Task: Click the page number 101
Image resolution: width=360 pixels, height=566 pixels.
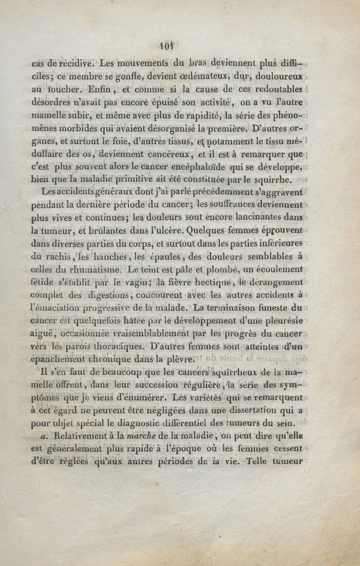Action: point(166,45)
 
